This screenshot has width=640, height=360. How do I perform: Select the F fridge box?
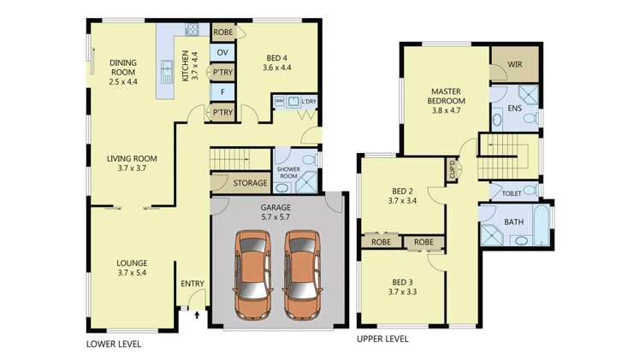click(223, 91)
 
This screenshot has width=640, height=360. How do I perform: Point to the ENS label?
click(515, 109)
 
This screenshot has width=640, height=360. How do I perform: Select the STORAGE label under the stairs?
click(251, 183)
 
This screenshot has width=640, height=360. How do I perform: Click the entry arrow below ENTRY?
click(198, 315)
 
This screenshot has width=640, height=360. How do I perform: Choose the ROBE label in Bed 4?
click(223, 32)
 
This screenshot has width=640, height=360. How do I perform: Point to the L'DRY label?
click(307, 102)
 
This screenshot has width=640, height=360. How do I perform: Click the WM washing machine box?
click(279, 101)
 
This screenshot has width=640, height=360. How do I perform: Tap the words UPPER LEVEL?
click(382, 339)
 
